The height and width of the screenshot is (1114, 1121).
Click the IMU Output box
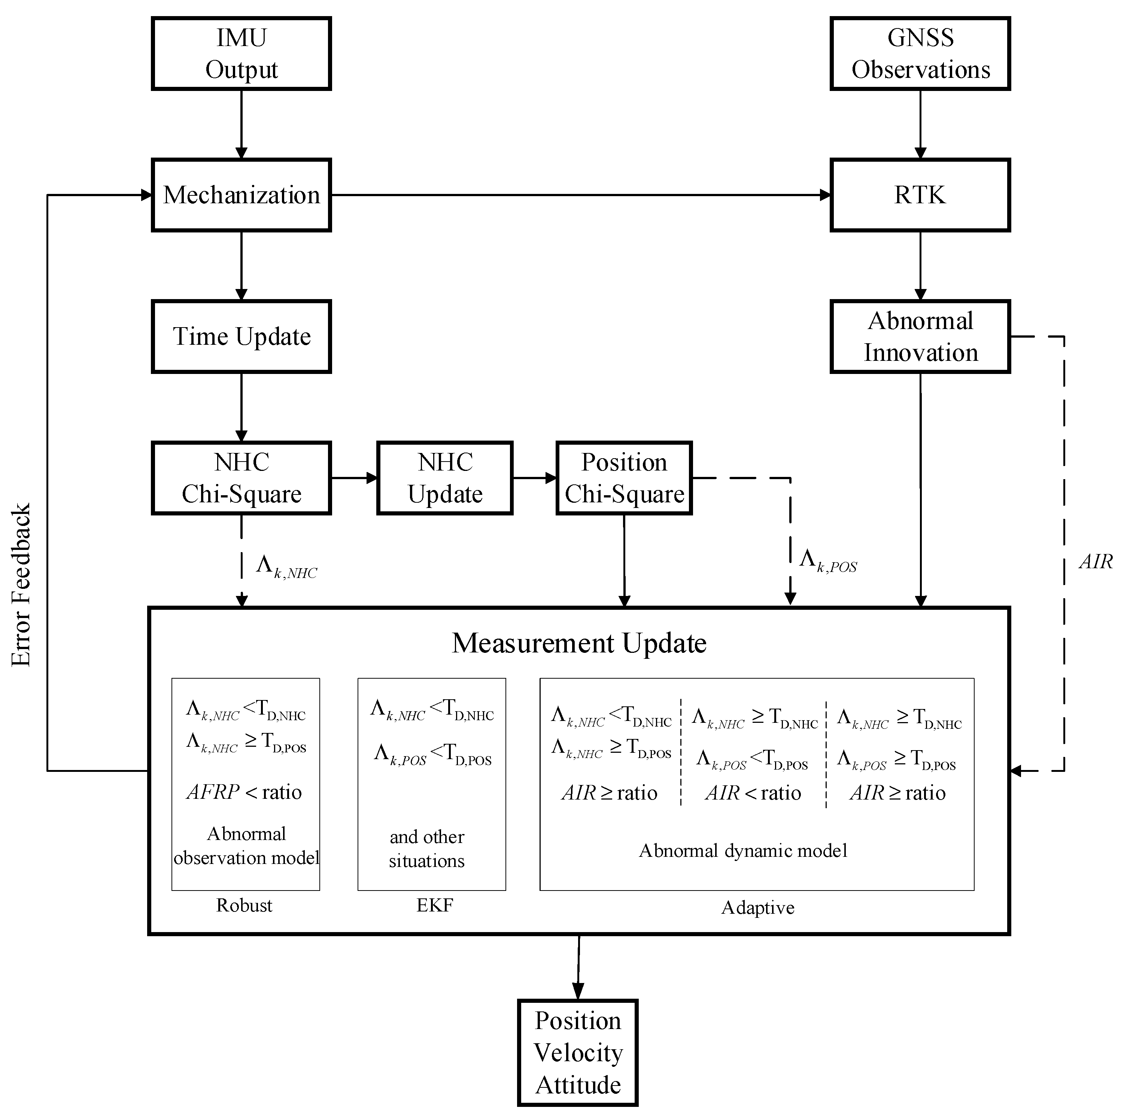click(x=241, y=54)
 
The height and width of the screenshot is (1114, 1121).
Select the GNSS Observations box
click(x=920, y=54)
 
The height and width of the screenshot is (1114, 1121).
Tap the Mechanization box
click(x=241, y=195)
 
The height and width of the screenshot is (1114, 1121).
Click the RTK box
click(x=920, y=195)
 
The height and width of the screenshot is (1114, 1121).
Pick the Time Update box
click(x=241, y=337)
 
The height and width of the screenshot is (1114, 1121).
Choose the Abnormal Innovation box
click(x=920, y=337)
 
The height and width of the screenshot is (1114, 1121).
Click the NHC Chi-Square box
click(x=241, y=478)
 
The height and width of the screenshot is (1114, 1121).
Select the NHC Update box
click(x=445, y=478)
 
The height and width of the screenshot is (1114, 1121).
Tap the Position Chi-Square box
click(x=624, y=478)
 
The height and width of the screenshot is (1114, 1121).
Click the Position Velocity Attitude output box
click(x=578, y=1053)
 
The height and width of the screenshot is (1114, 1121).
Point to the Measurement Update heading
click(x=579, y=643)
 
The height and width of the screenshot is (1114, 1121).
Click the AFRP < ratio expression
click(x=244, y=792)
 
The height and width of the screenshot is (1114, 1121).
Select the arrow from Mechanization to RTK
click(x=580, y=195)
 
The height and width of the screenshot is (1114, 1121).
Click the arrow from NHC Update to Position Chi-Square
click(x=534, y=478)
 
